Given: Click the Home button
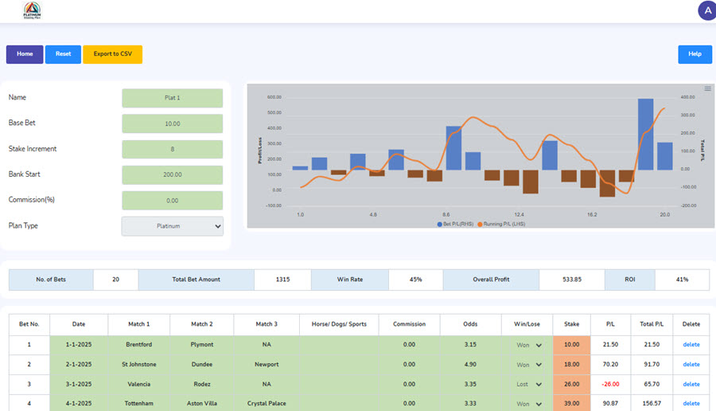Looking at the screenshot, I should [25, 54].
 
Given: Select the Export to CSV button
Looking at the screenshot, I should [112, 54].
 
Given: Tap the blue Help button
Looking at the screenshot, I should [695, 54].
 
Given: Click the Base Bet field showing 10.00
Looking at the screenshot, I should [172, 123].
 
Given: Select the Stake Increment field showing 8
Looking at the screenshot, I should [172, 149].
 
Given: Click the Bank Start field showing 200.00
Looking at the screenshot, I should [172, 174].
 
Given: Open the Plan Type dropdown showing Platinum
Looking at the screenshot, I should [172, 226].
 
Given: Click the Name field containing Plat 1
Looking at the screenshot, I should [172, 98].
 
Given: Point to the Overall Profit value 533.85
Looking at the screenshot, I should [571, 280].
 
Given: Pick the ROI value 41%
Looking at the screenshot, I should [682, 280].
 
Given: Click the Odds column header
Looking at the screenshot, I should [470, 324].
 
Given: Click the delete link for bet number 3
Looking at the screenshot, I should [691, 384].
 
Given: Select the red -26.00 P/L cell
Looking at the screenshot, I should [610, 384].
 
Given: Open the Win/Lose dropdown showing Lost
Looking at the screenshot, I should [529, 384].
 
